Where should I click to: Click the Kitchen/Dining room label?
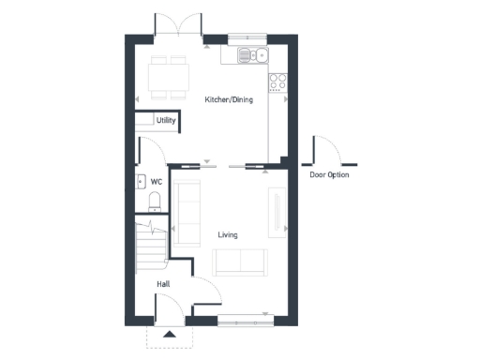tap(228, 98)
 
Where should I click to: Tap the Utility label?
tap(166, 121)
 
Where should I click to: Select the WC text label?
tap(157, 182)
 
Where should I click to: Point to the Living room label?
tap(228, 234)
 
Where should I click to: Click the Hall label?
tap(163, 282)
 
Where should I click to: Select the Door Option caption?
tap(329, 174)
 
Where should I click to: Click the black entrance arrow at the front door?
tap(169, 333)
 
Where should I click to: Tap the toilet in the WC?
tap(156, 202)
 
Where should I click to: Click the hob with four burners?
tap(278, 82)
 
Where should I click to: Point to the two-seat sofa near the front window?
tap(240, 262)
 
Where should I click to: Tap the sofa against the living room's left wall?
tap(187, 214)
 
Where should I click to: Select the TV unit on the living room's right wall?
tap(277, 211)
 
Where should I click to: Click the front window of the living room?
tap(247, 321)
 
